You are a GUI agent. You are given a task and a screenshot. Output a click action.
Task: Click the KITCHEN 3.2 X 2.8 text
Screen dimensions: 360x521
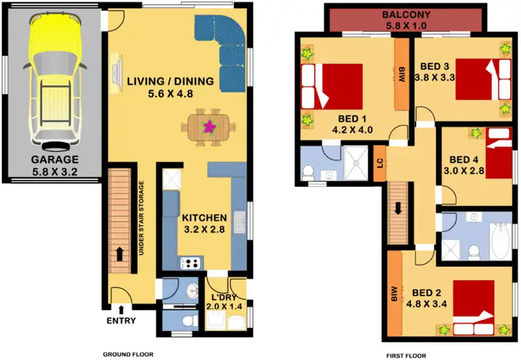point(205,222)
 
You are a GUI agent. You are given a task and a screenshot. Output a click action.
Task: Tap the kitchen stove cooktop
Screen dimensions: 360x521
point(190,263)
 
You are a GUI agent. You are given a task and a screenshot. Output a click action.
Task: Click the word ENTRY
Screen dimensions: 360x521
point(121,320)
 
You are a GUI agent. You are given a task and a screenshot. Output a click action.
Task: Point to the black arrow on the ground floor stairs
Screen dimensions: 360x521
point(120,254)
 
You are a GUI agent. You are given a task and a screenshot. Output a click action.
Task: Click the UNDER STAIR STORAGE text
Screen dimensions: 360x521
point(141,218)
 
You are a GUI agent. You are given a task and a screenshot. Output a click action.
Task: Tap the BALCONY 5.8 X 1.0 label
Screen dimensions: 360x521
point(407,20)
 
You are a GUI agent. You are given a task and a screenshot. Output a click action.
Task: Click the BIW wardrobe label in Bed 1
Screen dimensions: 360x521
point(402,75)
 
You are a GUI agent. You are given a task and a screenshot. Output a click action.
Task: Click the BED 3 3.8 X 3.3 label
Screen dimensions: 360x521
point(437,72)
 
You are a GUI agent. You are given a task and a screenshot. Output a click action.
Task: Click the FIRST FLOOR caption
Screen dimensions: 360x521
point(407,354)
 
